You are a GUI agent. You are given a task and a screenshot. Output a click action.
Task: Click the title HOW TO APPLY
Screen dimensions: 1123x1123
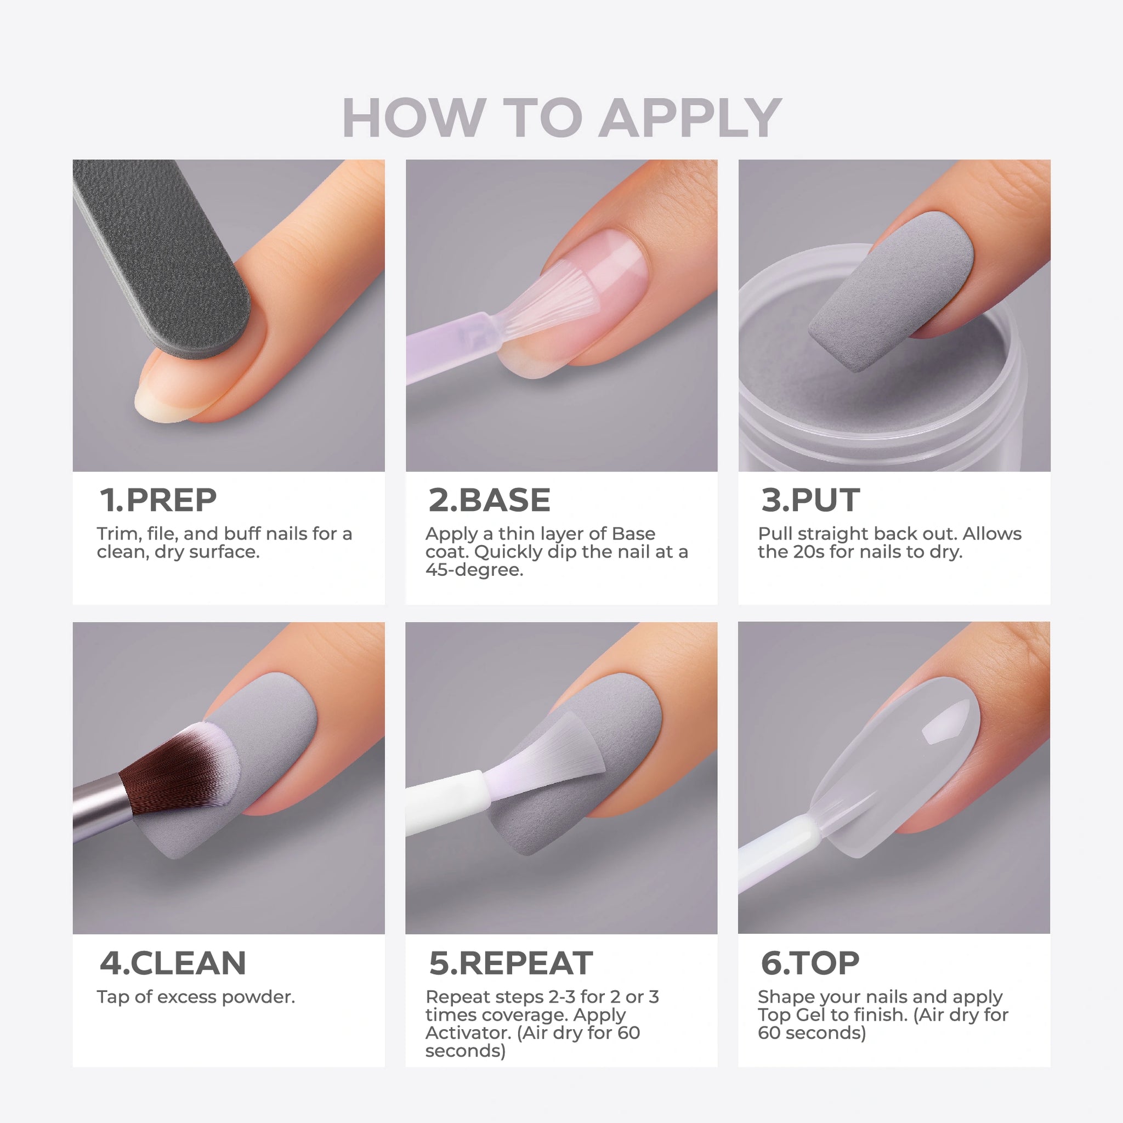561,117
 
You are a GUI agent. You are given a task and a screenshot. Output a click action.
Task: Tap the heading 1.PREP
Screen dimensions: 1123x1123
158,500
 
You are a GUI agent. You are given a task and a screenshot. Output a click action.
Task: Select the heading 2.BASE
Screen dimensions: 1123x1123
490,500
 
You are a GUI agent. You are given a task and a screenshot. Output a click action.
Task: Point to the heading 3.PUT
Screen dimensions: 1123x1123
810,500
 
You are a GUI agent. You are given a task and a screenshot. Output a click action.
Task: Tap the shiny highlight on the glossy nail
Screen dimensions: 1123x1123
946,721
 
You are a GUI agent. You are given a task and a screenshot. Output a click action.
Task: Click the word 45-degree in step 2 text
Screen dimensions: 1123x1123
474,570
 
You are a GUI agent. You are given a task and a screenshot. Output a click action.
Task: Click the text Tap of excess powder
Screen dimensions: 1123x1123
196,997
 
